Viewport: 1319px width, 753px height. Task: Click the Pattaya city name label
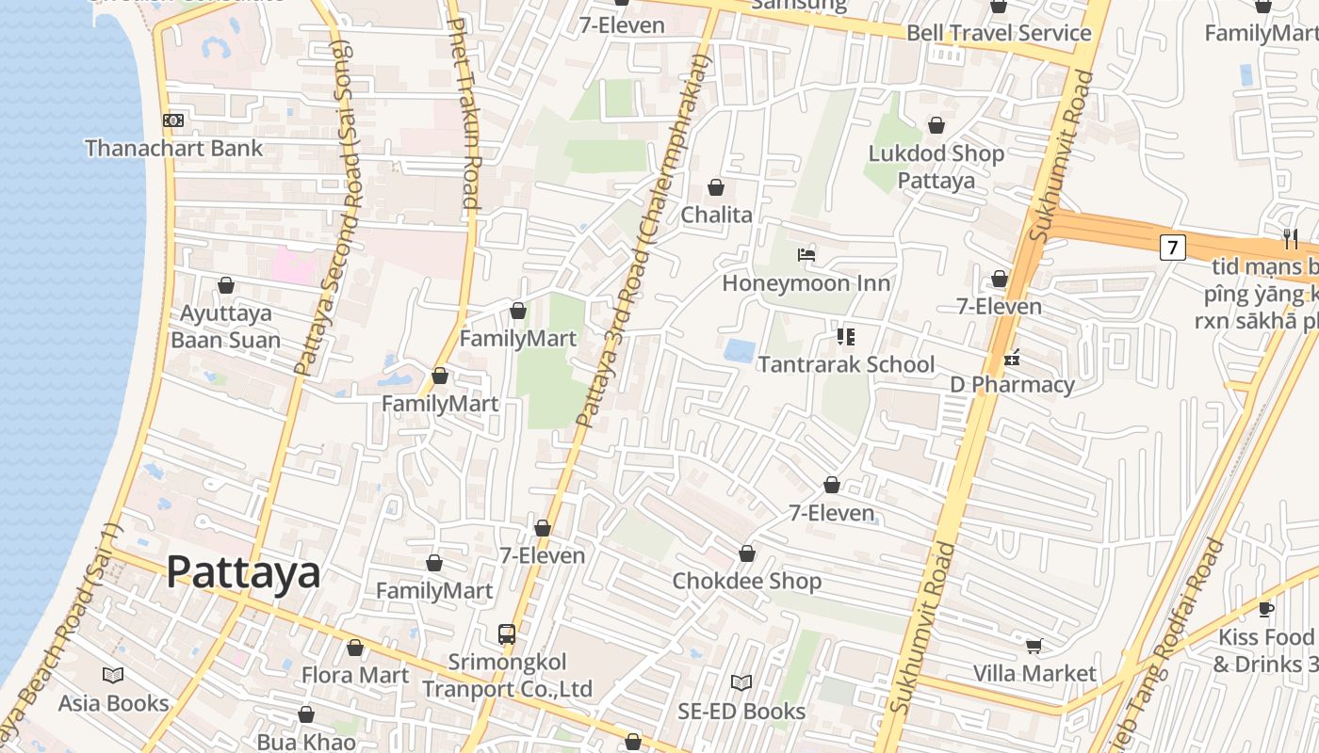point(243,571)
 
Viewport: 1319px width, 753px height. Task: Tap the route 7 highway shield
point(1171,248)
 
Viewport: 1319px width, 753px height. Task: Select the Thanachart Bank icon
point(173,120)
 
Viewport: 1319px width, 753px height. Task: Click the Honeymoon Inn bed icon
point(806,255)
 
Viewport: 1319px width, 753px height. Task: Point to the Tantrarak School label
point(846,364)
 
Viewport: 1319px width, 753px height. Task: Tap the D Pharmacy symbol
point(1012,358)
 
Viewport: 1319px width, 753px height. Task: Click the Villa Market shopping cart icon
point(1034,646)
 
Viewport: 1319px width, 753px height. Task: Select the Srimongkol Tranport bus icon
point(507,633)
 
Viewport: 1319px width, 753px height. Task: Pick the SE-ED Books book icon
point(741,682)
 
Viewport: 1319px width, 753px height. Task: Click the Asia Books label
point(113,703)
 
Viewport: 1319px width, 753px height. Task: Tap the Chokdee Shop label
point(746,581)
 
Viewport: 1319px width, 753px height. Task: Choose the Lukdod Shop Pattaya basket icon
point(936,125)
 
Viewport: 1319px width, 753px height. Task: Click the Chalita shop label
point(716,215)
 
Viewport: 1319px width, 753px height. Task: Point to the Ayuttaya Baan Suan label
point(225,327)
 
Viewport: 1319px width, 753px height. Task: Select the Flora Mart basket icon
point(355,648)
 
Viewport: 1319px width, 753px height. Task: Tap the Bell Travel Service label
point(998,33)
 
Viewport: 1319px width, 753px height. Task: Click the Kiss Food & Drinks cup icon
point(1265,609)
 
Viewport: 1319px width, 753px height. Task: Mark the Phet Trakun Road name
point(467,113)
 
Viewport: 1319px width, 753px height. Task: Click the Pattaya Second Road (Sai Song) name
point(329,207)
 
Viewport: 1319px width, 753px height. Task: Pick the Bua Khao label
point(306,742)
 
